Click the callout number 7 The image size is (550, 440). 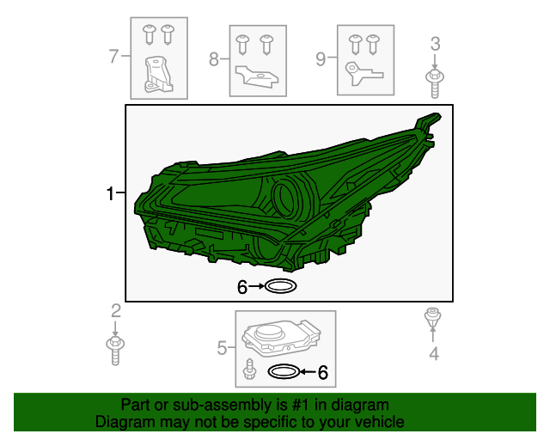pos(114,56)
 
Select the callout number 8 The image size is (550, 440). pos(214,59)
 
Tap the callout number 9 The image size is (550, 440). pos(321,59)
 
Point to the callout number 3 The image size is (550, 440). pos(435,44)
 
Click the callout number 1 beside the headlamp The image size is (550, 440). pos(111,193)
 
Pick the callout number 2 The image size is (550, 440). pos(116,311)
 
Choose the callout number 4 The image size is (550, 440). pos(434,353)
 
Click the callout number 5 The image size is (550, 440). pos(222,348)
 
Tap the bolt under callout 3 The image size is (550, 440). pos(435,83)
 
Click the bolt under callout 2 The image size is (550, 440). pos(115,351)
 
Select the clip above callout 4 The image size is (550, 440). pos(432,317)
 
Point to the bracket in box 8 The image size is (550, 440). pos(256,76)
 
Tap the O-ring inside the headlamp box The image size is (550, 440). pos(280,286)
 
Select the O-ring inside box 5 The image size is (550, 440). pos(284,371)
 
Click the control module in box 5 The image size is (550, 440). pos(281,336)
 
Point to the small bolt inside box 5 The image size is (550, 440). pos(249,369)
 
